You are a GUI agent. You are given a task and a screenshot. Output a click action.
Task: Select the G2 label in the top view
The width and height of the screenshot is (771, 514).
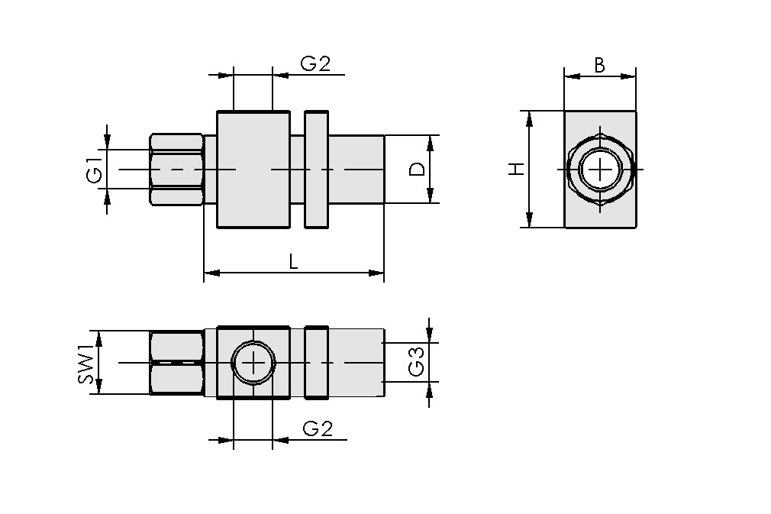[x=315, y=64]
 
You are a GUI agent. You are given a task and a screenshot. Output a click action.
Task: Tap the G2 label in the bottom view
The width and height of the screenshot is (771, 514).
[x=318, y=429]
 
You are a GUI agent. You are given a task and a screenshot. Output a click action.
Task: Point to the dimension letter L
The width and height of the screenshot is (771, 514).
[x=294, y=261]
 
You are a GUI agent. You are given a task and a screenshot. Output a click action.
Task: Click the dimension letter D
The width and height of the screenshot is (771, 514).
[x=417, y=169]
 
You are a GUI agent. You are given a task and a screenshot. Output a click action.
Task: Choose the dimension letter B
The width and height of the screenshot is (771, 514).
[x=600, y=66]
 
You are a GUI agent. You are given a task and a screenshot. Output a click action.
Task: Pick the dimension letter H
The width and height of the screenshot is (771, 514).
[x=518, y=169]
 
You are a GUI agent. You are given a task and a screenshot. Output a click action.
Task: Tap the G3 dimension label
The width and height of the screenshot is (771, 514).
[x=417, y=362]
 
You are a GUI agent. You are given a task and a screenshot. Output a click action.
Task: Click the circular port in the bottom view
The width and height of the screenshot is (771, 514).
[x=253, y=362]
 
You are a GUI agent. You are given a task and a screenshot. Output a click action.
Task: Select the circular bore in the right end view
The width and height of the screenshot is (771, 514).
[x=601, y=169]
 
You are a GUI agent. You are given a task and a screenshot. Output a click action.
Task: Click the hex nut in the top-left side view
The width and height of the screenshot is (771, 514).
[x=176, y=169]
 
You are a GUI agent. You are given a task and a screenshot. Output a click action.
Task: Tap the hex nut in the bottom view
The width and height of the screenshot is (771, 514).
[x=176, y=362]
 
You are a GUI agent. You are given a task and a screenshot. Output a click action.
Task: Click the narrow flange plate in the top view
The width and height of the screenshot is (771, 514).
[x=316, y=169]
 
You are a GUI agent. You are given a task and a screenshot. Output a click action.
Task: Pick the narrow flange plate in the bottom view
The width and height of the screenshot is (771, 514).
[x=316, y=362]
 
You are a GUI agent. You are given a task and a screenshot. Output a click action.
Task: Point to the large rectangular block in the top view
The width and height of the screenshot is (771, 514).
[x=253, y=169]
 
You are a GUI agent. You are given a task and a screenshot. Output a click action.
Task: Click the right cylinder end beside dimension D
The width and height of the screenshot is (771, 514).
[x=356, y=169]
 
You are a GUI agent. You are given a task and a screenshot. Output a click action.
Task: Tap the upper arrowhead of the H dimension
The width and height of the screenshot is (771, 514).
[x=527, y=116]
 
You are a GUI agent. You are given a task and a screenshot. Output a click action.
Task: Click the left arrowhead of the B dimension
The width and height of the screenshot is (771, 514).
[x=570, y=76]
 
